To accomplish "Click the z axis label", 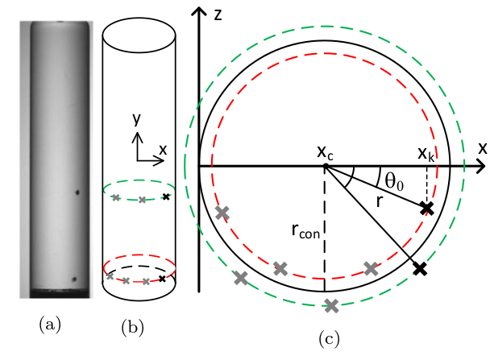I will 218,15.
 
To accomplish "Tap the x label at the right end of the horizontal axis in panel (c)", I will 483,148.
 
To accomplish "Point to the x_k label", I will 426,152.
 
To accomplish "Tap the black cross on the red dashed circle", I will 427,208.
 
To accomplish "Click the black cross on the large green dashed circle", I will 419,269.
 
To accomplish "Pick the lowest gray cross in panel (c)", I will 331,305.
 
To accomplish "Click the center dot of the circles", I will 325,167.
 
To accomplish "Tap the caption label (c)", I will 327,340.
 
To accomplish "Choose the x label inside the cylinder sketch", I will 163,150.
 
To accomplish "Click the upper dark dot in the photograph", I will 77,192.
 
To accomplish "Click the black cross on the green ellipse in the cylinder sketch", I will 166,197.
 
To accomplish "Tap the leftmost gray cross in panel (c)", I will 222,213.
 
